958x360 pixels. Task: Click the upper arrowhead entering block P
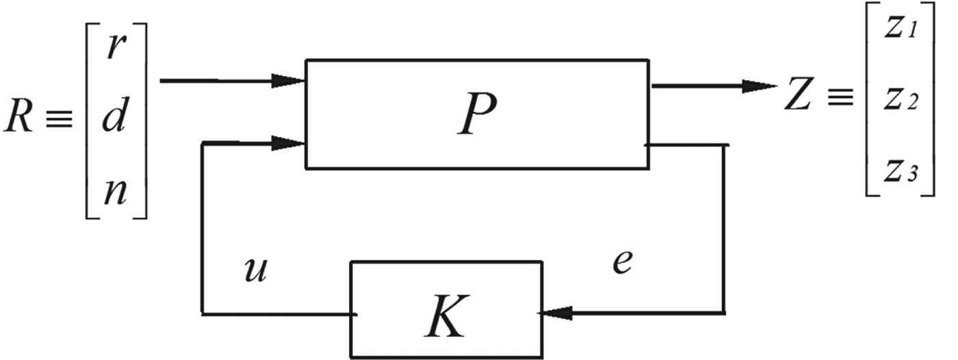[x=289, y=81]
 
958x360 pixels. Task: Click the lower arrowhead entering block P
[x=289, y=144]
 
